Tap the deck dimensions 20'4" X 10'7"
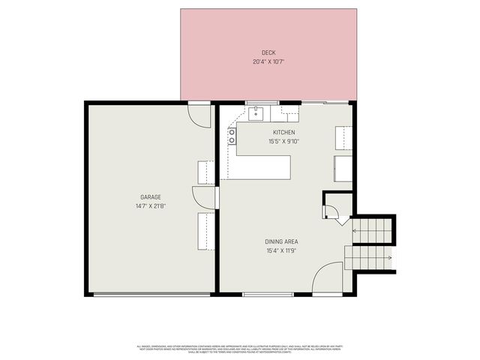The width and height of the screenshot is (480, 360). pyautogui.click(x=268, y=61)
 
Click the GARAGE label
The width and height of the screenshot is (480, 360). pyautogui.click(x=151, y=196)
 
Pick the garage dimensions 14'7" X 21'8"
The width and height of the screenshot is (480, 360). pyautogui.click(x=151, y=205)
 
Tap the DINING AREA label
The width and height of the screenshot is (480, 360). pyautogui.click(x=281, y=241)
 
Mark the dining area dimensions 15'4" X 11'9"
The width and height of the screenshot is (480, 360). pyautogui.click(x=281, y=250)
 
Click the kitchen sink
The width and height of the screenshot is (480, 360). pyautogui.click(x=256, y=113)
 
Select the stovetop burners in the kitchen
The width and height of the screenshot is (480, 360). pyautogui.click(x=232, y=136)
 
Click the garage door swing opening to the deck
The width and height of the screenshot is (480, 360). pyautogui.click(x=199, y=114)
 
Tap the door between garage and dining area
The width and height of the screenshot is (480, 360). pyautogui.click(x=205, y=198)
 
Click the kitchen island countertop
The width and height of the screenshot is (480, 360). pyautogui.click(x=262, y=167)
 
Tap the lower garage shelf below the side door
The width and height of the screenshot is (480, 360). pyautogui.click(x=205, y=230)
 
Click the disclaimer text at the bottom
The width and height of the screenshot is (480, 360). pyautogui.click(x=240, y=348)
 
